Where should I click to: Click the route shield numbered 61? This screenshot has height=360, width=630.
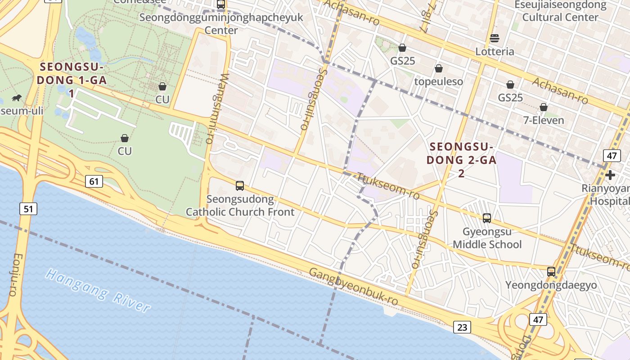94,181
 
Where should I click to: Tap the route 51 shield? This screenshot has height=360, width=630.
28,208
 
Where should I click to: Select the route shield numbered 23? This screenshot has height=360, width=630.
462,327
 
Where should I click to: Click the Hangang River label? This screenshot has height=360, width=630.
98,290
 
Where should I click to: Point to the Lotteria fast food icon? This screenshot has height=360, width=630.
495,38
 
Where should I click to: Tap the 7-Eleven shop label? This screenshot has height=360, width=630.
544,120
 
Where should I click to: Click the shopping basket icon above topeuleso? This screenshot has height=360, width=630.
438,69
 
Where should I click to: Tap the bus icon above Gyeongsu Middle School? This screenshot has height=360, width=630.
486,218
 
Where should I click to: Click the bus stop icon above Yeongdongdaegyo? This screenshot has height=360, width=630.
551,272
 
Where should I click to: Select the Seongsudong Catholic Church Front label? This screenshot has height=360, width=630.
240,205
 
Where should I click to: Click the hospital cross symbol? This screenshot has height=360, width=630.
610,175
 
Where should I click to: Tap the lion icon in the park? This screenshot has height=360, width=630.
17,98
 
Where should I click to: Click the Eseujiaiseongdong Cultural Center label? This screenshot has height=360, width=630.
560,11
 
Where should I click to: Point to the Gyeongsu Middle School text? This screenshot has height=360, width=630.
487,238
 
